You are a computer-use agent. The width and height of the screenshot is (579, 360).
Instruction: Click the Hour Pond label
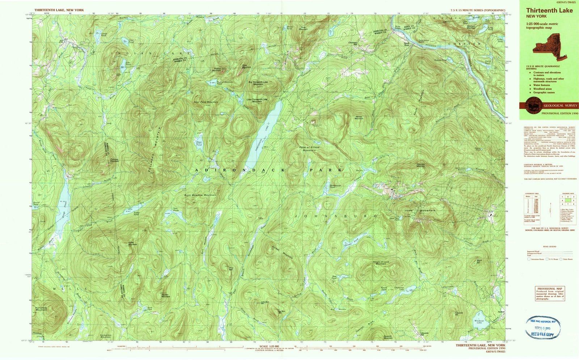coord(199,143)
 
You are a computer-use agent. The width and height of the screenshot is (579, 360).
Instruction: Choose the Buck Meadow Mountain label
coord(200,195)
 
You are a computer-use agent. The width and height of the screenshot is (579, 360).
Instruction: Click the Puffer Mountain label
coord(132,244)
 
